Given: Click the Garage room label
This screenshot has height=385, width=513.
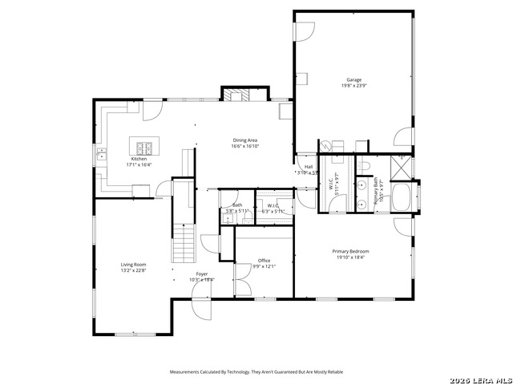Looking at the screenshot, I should point(353,80).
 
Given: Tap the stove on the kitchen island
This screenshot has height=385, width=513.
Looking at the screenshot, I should point(145,148).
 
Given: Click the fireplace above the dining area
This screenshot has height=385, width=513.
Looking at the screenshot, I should point(236,95).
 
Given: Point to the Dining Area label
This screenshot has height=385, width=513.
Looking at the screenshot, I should point(244,140).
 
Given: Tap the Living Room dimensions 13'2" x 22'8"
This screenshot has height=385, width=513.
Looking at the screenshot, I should point(133,270).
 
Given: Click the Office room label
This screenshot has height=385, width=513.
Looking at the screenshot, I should point(264,260).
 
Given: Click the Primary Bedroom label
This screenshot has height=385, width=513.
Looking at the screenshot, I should point(350,251).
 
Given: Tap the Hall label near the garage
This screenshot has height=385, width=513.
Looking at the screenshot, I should point(308,167).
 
